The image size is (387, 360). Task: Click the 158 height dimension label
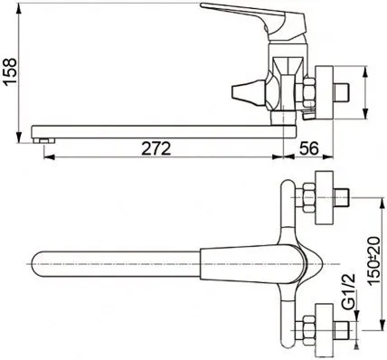pos(10,71)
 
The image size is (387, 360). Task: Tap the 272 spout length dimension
pos(156,148)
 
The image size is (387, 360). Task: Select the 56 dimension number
pos(308,148)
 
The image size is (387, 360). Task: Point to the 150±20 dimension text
pos(374,261)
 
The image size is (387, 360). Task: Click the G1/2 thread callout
pos(349,292)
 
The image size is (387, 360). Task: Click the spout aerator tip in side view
pos(44,141)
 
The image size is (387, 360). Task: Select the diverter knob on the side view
pos(248,92)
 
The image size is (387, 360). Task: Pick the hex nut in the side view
pos(309,93)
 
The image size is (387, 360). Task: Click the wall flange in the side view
pos(324,92)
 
